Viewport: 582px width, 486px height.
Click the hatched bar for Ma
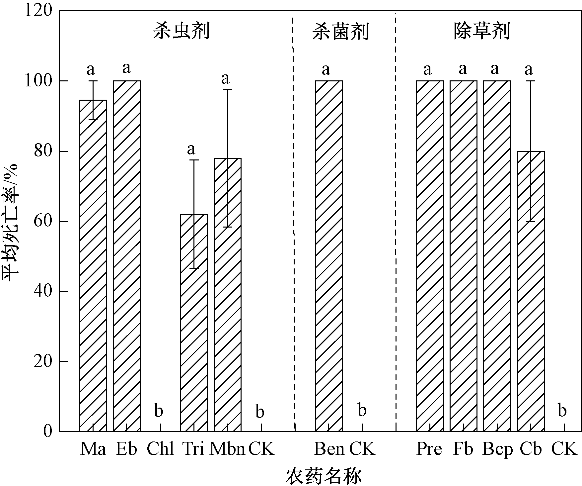click(93, 266)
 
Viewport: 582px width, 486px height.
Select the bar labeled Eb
click(127, 256)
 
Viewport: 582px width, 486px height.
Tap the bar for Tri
click(194, 322)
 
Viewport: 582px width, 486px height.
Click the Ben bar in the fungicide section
click(328, 256)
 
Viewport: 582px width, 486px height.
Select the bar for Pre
click(429, 256)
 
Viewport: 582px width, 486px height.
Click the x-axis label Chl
click(160, 449)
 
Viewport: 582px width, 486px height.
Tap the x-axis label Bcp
click(497, 449)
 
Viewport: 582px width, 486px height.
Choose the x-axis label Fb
click(463, 449)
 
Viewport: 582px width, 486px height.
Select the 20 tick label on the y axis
click(43, 361)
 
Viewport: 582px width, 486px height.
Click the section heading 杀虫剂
click(181, 32)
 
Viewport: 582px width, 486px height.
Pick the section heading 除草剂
click(481, 32)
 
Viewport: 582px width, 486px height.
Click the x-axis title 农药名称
click(323, 476)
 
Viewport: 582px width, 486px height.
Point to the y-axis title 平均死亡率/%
click(12, 221)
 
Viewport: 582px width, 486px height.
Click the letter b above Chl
click(159, 411)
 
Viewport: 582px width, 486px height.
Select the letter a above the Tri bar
click(191, 149)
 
